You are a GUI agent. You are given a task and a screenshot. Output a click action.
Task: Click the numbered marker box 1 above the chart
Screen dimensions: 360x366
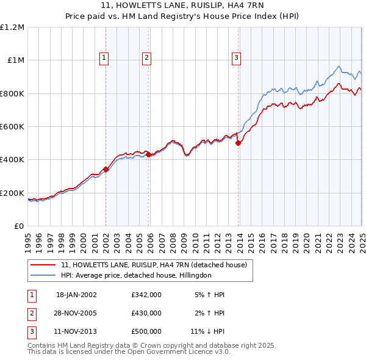click(105, 58)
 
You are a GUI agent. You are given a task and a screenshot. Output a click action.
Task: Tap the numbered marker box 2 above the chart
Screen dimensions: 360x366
click(147, 58)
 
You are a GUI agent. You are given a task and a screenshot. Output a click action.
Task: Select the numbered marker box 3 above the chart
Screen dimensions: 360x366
click(236, 58)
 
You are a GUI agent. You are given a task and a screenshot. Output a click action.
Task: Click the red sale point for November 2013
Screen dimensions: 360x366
click(239, 143)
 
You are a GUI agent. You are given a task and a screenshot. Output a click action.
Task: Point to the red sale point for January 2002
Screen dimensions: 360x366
click(106, 169)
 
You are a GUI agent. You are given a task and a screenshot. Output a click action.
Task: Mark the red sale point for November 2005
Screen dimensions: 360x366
click(149, 155)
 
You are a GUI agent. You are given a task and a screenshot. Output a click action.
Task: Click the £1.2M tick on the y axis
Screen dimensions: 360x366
click(12, 27)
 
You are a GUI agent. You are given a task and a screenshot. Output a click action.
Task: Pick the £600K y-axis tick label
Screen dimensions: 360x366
click(12, 126)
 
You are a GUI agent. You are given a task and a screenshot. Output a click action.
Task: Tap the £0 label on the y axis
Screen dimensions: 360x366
click(19, 226)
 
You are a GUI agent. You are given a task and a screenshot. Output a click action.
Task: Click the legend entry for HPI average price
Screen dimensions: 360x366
click(135, 275)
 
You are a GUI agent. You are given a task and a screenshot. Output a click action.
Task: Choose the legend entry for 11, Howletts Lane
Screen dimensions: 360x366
click(153, 265)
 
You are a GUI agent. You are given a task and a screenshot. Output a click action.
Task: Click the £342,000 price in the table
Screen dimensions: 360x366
click(146, 295)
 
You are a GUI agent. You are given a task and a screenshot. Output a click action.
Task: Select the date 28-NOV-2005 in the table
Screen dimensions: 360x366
click(76, 313)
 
